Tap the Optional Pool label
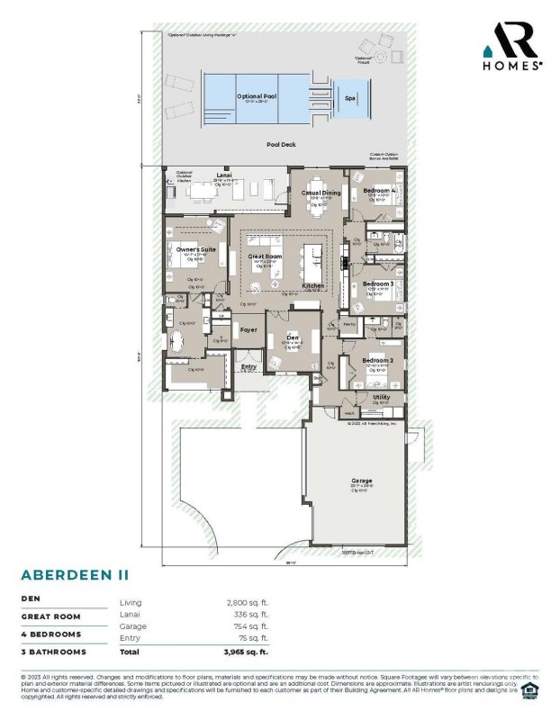click(255, 95)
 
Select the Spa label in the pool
click(349, 99)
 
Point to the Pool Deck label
click(281, 144)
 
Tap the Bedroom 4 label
click(379, 191)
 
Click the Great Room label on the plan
click(266, 256)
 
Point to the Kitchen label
click(313, 285)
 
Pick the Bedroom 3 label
click(378, 283)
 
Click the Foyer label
click(248, 329)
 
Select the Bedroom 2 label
click(377, 360)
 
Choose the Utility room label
click(381, 396)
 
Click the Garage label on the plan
click(361, 481)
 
